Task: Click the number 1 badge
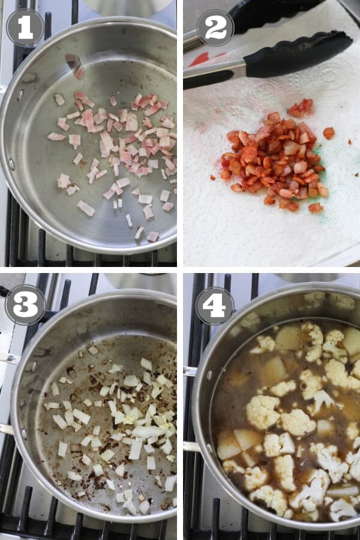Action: coord(25,28)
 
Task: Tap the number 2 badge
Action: coord(215,28)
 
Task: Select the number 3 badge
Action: coord(25,304)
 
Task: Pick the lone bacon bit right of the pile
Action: coord(329,133)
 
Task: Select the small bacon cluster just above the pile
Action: coord(301,108)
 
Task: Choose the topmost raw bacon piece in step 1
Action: coord(73,61)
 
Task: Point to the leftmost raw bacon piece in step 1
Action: coord(56,137)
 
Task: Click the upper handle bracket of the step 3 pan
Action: coord(10,358)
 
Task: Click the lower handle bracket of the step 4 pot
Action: coord(191,446)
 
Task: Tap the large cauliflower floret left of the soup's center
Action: coord(263,411)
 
